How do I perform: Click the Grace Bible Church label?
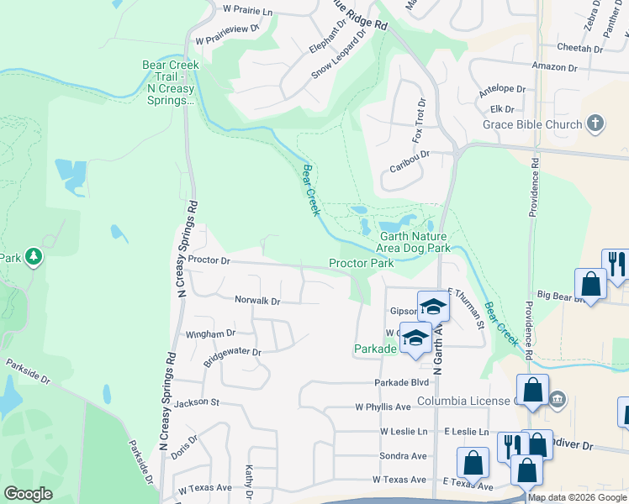531,124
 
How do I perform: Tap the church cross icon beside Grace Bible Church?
595,123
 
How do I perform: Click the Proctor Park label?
361,263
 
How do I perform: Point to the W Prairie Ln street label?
248,12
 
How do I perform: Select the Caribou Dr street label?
410,161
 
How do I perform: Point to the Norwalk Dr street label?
257,300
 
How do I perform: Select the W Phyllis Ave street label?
383,407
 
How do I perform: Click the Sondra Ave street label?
404,456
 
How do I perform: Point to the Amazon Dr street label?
554,66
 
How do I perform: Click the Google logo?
28,493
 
